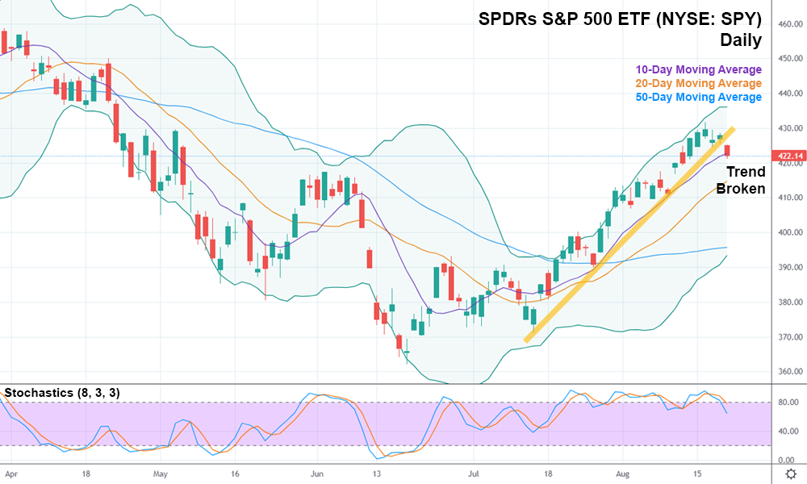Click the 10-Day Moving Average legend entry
point(698,69)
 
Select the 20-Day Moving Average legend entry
point(698,83)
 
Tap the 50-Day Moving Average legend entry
point(698,97)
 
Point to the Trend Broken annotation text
point(740,181)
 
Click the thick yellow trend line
point(629,235)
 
